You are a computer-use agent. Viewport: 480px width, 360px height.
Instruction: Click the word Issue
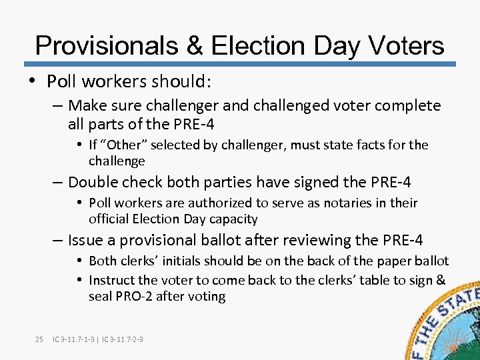(x=85, y=240)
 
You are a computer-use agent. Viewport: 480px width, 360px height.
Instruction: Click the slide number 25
(x=39, y=340)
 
